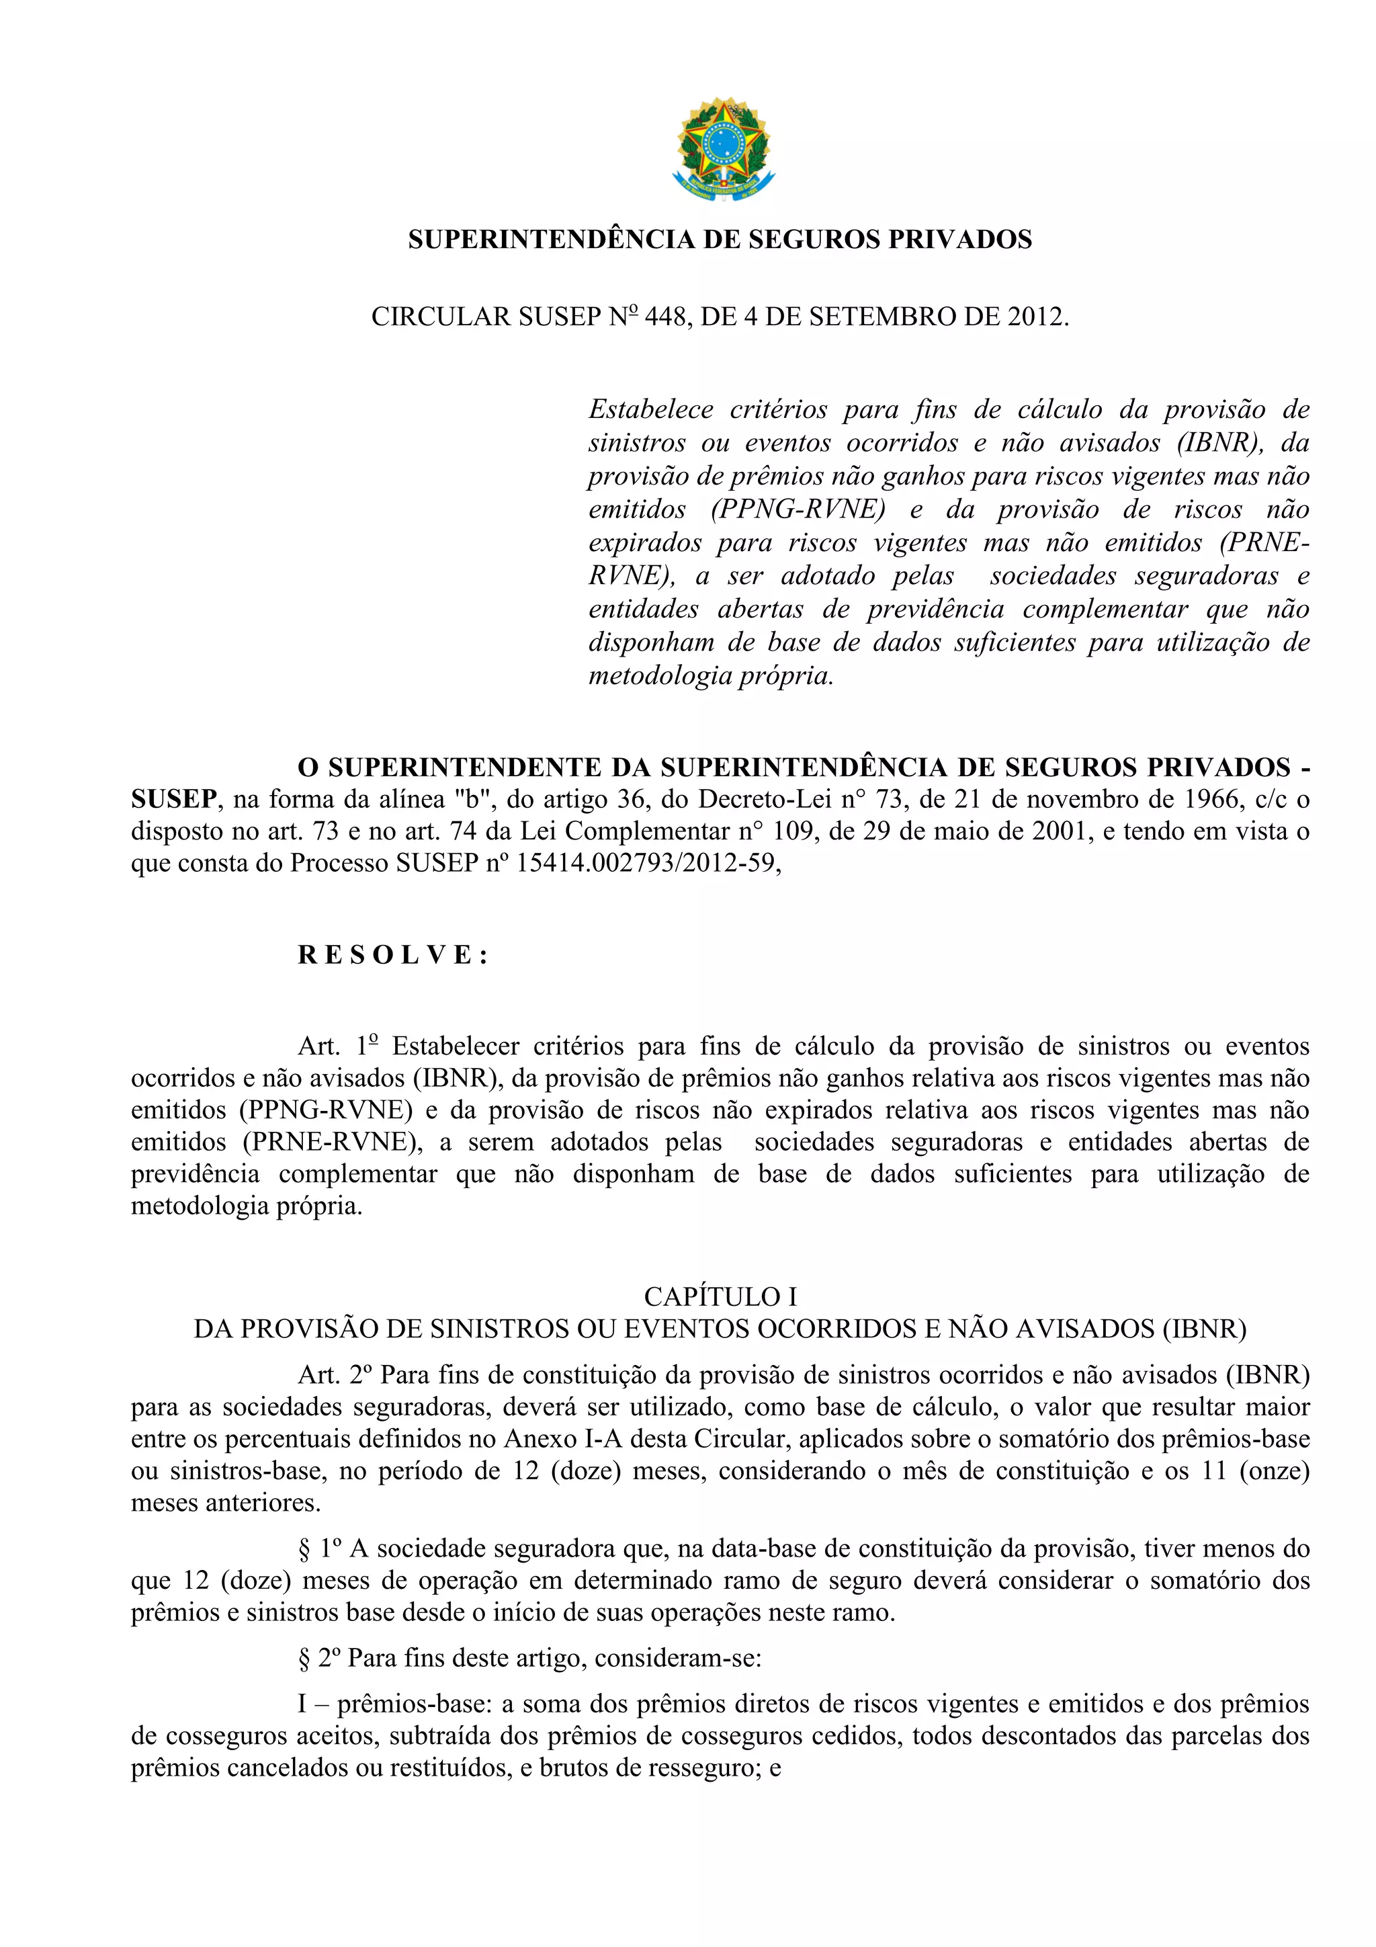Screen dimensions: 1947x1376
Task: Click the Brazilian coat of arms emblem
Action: [x=723, y=149]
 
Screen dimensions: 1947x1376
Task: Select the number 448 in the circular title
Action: [x=666, y=317]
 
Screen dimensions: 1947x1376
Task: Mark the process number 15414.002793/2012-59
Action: [x=648, y=862]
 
